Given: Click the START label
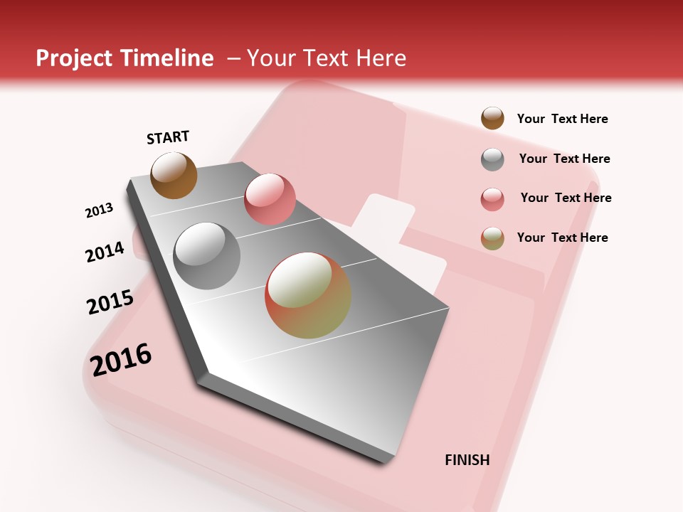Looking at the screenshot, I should point(168,137).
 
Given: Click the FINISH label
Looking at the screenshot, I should point(467,460).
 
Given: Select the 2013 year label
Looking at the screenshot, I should point(99,210).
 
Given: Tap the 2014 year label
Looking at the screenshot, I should point(105,252).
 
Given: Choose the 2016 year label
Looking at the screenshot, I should point(121,359).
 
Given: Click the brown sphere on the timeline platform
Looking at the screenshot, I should point(174,175).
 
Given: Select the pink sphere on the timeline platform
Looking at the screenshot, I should point(270,199).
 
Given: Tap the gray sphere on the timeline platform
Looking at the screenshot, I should point(207,256).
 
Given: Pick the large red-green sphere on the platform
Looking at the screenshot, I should point(307,295).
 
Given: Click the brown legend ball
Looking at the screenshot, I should point(492,118).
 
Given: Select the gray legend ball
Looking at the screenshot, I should point(492,159).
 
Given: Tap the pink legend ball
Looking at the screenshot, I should point(492,199).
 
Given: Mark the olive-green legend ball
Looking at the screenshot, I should point(492,238).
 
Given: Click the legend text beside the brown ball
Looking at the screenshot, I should point(562,119).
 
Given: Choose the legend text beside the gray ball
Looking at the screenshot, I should point(564,159).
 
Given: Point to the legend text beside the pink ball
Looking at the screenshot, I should point(566,198).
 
